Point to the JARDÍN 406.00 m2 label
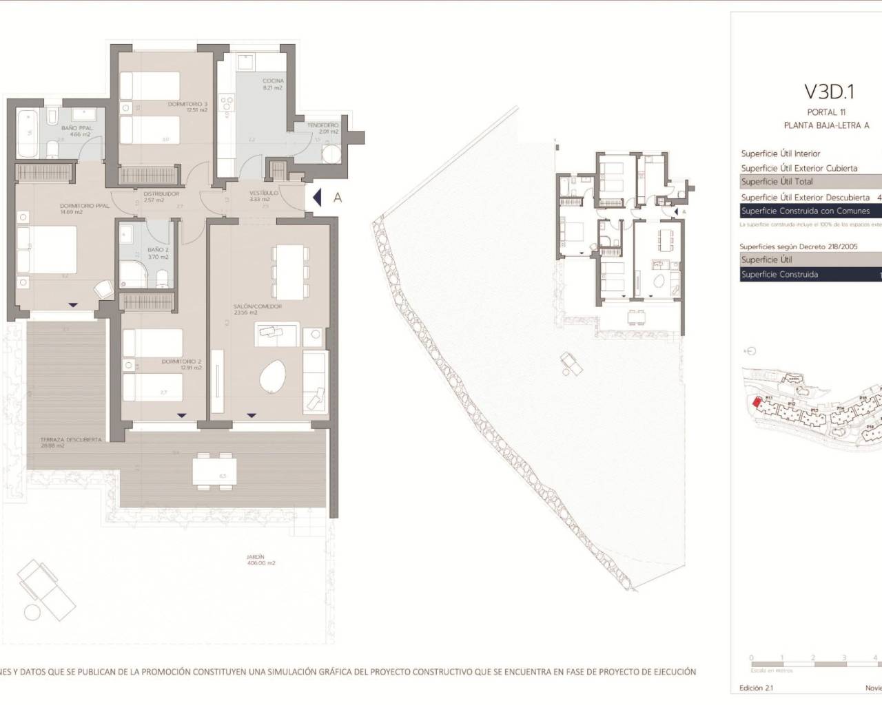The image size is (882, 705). click(261, 560)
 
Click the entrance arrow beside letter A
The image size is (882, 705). click(316, 198)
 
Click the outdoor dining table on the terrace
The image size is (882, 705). click(214, 472)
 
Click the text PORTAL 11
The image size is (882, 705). click(826, 112)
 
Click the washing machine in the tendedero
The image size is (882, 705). click(332, 153)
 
